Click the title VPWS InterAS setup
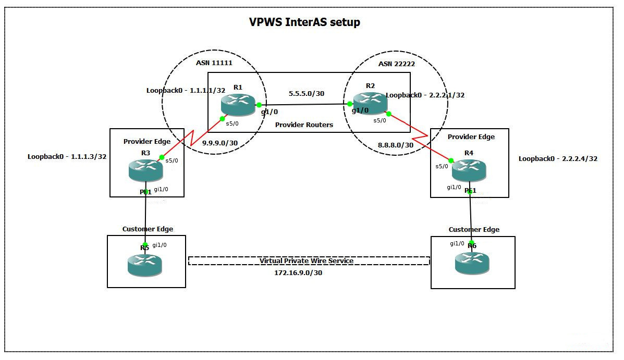pos(304,22)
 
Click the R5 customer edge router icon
pos(144,265)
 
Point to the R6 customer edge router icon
pos(472,263)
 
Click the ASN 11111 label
pos(214,63)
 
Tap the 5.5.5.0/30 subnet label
pos(307,94)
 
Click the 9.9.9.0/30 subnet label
pos(220,143)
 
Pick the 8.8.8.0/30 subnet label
pos(396,145)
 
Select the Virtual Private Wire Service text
pos(307,260)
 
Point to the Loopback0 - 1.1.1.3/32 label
pos(67,156)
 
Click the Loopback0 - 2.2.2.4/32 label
pos(558,159)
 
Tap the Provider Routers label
pos(304,125)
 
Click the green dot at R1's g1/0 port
pos(259,105)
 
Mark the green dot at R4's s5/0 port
pos(451,160)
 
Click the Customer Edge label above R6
pos(474,229)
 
